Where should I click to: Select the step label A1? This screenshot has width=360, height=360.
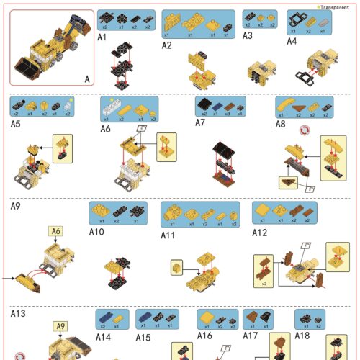102,36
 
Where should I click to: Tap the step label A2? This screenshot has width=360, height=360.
166,45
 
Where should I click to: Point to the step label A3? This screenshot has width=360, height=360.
248,34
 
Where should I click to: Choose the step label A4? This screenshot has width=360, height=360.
292,41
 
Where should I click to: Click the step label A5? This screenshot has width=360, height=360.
15,124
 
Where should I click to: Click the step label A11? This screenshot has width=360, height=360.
168,235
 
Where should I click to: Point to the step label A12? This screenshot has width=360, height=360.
259,232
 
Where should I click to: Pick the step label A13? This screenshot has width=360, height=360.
18,314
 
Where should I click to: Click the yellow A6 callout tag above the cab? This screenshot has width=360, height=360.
55,231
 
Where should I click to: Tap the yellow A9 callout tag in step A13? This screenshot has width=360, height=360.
61,326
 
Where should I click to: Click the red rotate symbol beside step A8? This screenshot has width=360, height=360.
305,131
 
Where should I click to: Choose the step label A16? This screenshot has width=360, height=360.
205,335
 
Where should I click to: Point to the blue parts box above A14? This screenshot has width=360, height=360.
112,318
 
